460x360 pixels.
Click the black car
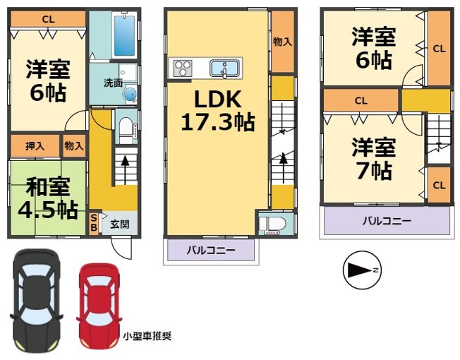tap(37, 300)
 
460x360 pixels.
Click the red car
tap(99, 306)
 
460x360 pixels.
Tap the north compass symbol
tap(362, 270)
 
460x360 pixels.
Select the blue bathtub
tap(124, 35)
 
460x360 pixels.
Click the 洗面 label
tap(113, 83)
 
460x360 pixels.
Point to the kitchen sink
tap(224, 68)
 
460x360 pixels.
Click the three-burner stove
tap(183, 68)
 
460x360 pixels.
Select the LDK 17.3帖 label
tap(218, 110)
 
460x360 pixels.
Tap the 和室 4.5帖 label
tap(48, 198)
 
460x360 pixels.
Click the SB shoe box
tap(94, 222)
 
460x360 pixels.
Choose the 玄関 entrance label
tap(120, 224)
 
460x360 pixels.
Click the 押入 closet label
tap(35, 146)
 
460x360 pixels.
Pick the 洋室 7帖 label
tap(374, 159)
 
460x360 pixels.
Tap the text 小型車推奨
tap(147, 336)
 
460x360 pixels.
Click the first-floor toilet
tap(126, 130)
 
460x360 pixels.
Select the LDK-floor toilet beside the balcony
tap(272, 224)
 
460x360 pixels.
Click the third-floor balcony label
tap(387, 220)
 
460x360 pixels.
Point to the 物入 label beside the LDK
tap(282, 42)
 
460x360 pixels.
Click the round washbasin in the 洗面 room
tap(130, 94)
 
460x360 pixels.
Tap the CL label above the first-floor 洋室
tap(49, 19)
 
